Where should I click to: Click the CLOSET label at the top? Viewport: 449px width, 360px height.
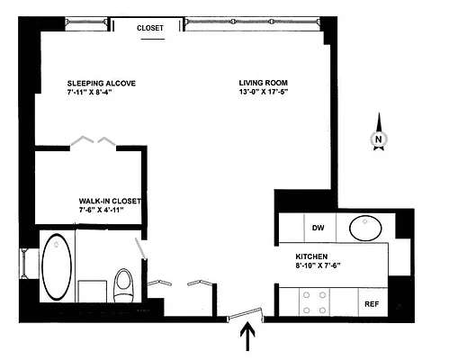click(150, 28)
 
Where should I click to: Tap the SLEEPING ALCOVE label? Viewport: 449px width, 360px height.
click(101, 83)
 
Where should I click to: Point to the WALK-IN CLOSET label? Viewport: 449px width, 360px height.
click(111, 201)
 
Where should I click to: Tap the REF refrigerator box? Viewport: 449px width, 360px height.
click(372, 304)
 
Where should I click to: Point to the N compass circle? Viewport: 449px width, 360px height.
click(379, 139)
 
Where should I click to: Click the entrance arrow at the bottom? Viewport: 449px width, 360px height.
click(248, 339)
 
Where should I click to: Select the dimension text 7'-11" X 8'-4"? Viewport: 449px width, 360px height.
click(101, 93)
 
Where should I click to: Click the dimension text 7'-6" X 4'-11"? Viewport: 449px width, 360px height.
click(111, 211)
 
